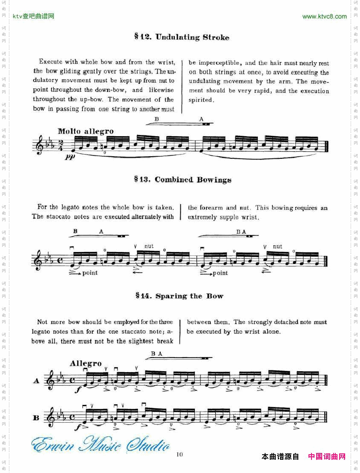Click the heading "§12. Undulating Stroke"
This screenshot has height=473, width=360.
[x=182, y=37]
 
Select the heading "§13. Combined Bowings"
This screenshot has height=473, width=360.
[x=183, y=180]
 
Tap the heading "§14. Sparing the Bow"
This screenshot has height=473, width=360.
[x=179, y=296]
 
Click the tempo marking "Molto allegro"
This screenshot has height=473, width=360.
[x=86, y=131]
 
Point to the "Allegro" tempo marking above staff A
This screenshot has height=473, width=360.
[x=86, y=363]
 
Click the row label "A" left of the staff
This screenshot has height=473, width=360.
[x=36, y=381]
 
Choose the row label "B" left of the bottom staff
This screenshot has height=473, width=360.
[x=36, y=418]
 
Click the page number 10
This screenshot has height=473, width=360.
[x=180, y=455]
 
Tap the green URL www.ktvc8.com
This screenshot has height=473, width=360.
[x=324, y=17]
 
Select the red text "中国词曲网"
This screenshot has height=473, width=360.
[x=326, y=456]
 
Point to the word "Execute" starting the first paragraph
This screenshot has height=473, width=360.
[x=50, y=62]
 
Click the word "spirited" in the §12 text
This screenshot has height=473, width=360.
[x=200, y=100]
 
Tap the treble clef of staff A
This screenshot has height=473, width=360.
[x=50, y=380]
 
